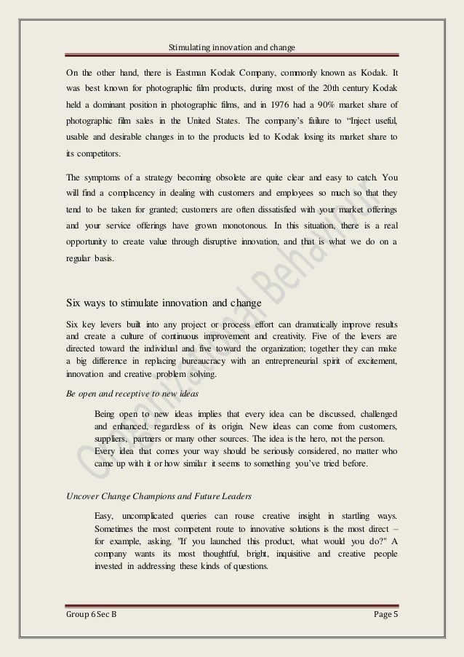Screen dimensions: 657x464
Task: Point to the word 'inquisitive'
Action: (275, 555)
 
